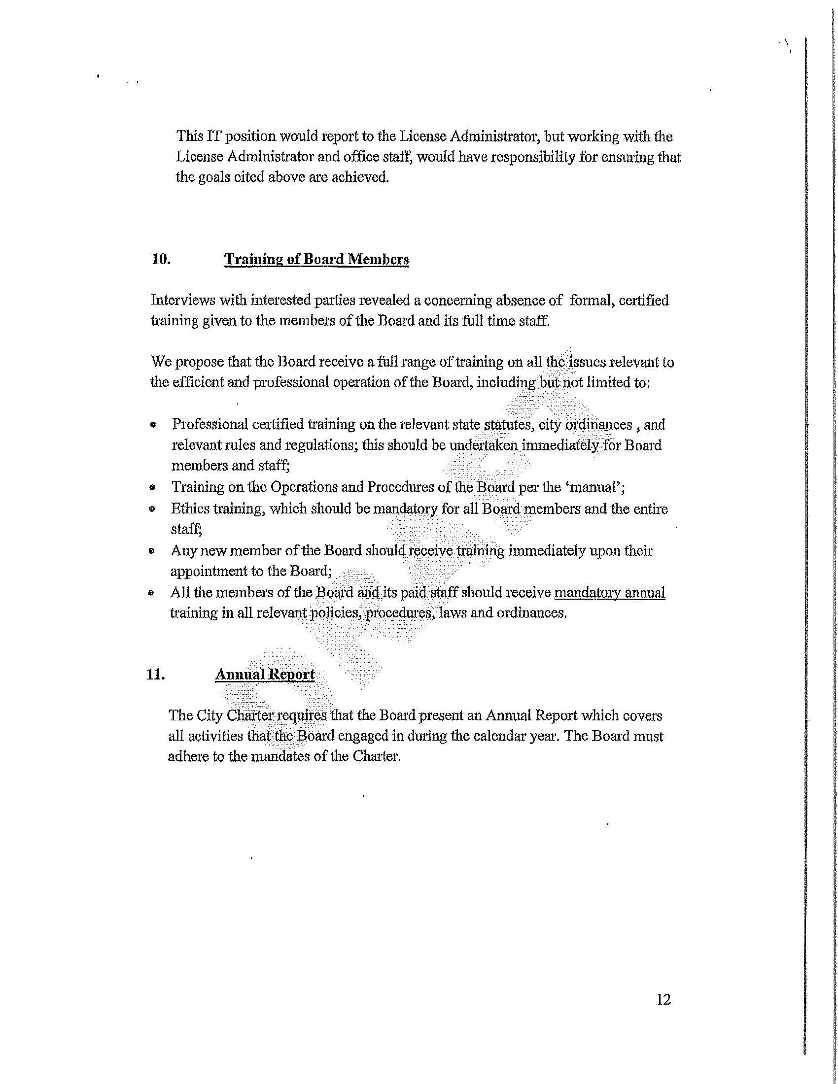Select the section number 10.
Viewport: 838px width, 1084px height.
coord(161,260)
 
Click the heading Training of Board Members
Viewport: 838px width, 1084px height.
coord(316,260)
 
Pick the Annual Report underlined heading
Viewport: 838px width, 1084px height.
coord(265,675)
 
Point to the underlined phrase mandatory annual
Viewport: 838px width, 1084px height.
coord(609,593)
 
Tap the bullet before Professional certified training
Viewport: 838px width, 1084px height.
coord(154,425)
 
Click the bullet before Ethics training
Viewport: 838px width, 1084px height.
coord(153,509)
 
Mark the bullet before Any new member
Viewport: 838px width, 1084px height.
coord(152,551)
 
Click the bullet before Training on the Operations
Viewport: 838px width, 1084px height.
coord(153,487)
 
